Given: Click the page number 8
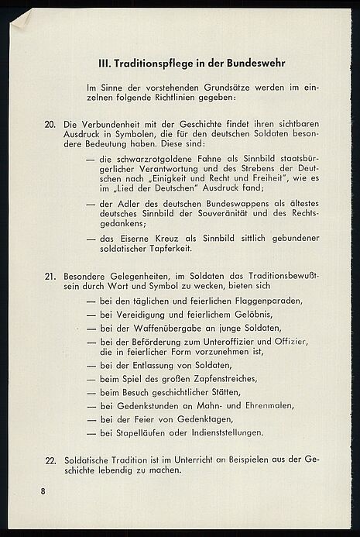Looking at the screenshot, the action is [43, 492].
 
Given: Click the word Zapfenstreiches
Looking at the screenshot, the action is [227, 379].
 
